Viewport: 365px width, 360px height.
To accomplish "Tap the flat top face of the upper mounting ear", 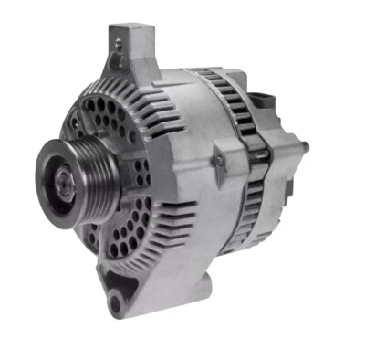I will click(133, 32).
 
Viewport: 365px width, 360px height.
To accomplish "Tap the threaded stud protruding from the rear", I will click(304, 145).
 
